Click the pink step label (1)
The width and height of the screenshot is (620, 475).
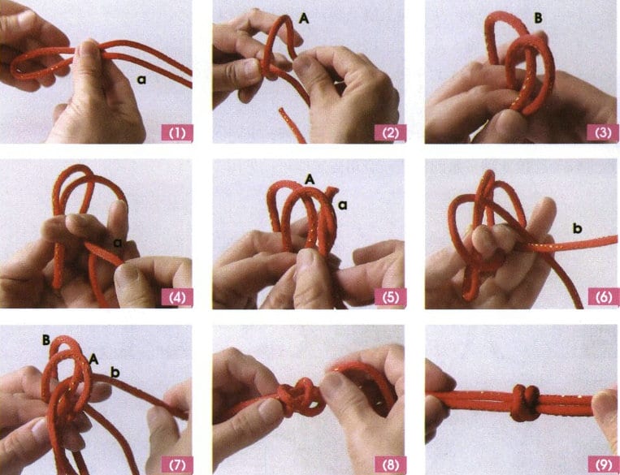click(177, 133)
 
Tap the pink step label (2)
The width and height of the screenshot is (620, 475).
click(390, 133)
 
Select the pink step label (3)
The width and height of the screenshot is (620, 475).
click(603, 133)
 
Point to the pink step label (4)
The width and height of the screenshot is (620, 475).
click(177, 297)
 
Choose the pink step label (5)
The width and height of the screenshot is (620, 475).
click(390, 297)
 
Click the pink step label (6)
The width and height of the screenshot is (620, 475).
click(604, 297)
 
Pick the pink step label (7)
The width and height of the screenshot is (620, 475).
click(177, 464)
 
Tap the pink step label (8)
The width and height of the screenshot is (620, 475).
click(390, 464)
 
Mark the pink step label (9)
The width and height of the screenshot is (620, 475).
click(604, 464)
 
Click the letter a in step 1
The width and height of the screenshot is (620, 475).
click(141, 80)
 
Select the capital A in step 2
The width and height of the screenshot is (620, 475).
click(304, 18)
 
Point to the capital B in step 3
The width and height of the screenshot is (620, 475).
click(538, 19)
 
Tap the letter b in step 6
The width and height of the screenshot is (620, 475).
click(577, 227)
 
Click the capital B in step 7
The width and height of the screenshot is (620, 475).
click(46, 340)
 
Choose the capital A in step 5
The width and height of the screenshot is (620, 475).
click(310, 179)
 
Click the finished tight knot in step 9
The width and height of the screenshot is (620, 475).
click(525, 403)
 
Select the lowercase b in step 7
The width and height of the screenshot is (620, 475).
click(115, 372)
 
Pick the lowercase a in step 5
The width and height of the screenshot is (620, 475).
click(342, 205)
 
